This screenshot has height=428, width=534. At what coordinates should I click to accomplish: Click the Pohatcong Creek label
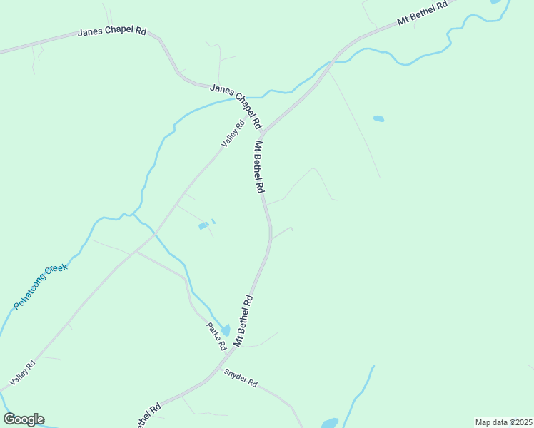coord(40,287)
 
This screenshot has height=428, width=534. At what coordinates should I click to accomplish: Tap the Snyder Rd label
coord(241,377)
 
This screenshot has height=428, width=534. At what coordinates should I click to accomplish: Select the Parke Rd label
coord(216,336)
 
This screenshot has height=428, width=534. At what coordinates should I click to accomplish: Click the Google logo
coord(24,419)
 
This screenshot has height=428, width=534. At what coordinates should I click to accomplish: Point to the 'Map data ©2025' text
coord(503,422)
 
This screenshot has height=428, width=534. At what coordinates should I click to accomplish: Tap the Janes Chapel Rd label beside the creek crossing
coord(236,106)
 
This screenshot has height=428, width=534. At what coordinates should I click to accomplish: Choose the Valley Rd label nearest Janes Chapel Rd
coord(233,133)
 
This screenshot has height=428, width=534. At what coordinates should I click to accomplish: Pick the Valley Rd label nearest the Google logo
coord(22,374)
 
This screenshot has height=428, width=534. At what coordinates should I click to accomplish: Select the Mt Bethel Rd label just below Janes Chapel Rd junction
coord(259,167)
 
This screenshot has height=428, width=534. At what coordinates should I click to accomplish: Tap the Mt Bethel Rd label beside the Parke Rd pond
coord(243,320)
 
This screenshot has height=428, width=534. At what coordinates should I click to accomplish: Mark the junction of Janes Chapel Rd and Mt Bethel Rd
coord(263,132)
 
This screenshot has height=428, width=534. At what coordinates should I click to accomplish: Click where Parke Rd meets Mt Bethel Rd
coord(227,357)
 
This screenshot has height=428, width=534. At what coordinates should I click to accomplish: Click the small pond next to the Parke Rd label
coord(226,330)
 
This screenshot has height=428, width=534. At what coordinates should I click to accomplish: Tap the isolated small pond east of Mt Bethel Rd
coord(378,118)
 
